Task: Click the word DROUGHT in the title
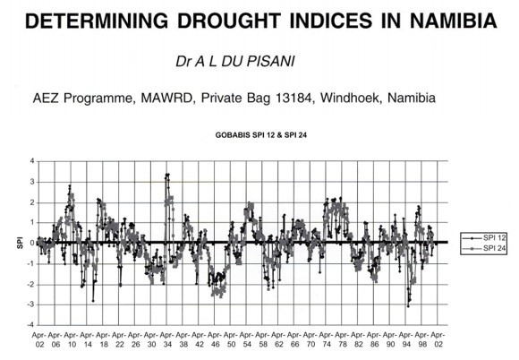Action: click(x=229, y=21)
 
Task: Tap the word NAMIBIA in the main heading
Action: click(x=454, y=21)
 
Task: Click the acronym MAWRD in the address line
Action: click(x=166, y=98)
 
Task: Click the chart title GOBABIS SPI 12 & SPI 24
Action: click(x=260, y=135)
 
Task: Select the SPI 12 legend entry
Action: click(x=483, y=238)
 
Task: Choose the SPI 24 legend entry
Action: click(x=483, y=248)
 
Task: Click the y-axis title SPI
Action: click(x=20, y=243)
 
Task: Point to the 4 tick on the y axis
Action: click(x=32, y=161)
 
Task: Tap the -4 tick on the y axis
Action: click(x=30, y=325)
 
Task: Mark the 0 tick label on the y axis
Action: click(x=32, y=243)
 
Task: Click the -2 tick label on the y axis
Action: click(x=30, y=285)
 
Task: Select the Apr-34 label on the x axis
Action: click(x=167, y=339)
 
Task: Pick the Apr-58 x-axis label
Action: click(x=263, y=339)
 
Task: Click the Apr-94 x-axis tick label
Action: click(x=406, y=339)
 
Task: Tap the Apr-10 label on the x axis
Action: click(x=72, y=339)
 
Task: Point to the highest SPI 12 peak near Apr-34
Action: click(x=167, y=175)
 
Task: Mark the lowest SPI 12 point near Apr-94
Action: click(x=408, y=306)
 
